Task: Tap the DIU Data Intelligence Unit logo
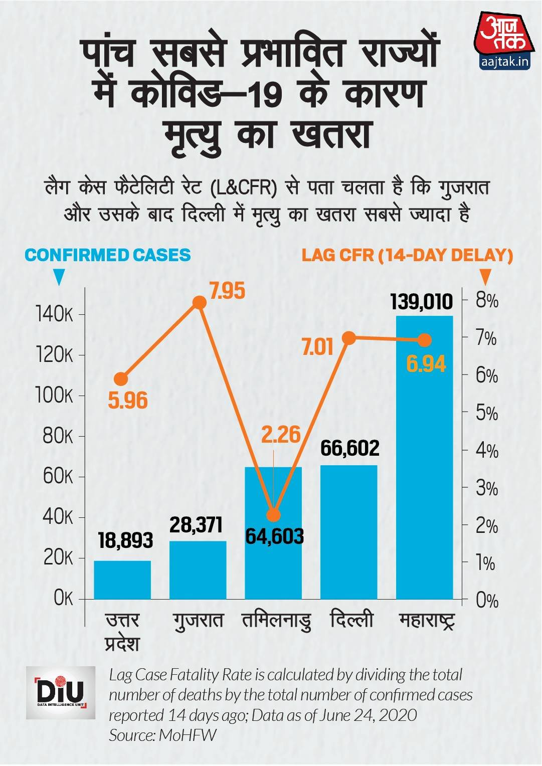[x=61, y=693]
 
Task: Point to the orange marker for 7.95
[x=200, y=302]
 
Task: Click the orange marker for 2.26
[x=273, y=515]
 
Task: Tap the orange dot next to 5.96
[x=121, y=379]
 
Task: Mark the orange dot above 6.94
[x=424, y=340]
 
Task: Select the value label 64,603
[x=274, y=537]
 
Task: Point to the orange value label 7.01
[x=317, y=347]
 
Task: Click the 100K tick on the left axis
[x=54, y=396]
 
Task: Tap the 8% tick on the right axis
[x=486, y=301]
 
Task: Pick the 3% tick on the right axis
[x=486, y=488]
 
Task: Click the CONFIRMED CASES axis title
[x=108, y=255]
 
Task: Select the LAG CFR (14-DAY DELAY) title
[x=407, y=255]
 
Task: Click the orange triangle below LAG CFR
[x=484, y=277]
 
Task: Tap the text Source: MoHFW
[x=162, y=735]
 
